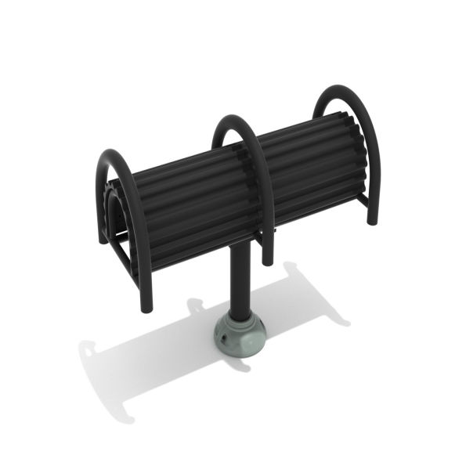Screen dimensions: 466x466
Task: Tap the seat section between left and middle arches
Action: (x=188, y=204)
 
